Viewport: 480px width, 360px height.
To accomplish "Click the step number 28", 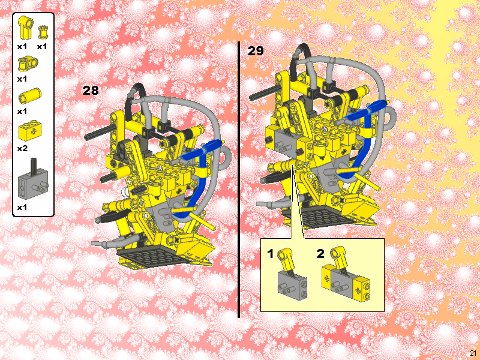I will [91, 91].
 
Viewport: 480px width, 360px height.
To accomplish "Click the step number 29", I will [256, 51].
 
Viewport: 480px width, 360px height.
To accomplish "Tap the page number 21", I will [473, 353].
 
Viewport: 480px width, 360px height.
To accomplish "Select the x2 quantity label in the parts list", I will [22, 148].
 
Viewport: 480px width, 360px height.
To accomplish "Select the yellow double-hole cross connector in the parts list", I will [26, 62].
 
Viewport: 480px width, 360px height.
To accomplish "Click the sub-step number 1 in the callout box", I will [271, 254].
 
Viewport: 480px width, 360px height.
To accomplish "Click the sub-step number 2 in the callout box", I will [320, 254].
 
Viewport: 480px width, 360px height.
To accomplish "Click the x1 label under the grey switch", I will [22, 207].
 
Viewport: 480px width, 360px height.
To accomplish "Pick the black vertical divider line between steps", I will [239, 180].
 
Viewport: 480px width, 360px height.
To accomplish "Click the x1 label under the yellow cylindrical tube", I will [22, 111].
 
